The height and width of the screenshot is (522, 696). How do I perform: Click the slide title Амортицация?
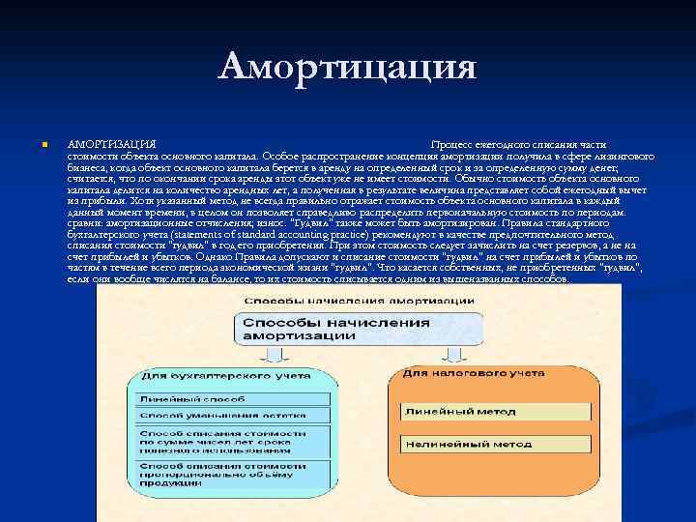click(348, 67)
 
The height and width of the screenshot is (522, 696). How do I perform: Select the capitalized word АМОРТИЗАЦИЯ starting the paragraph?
click(107, 143)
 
